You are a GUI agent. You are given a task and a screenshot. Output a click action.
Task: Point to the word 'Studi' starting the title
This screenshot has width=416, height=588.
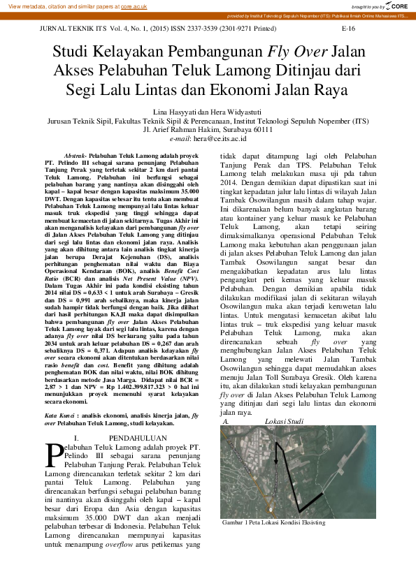point(73,52)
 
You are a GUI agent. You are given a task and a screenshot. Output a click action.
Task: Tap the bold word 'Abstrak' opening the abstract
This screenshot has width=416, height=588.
point(74,154)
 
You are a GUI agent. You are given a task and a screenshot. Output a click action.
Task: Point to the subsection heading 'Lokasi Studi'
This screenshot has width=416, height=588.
point(285,422)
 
